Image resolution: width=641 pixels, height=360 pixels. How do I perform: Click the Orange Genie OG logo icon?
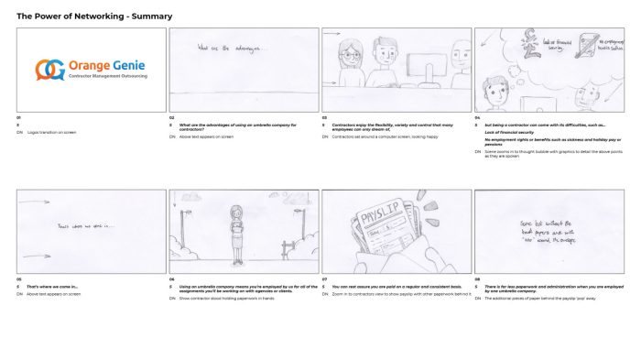(49, 70)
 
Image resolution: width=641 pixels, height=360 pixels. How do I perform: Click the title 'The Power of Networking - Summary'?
(94, 16)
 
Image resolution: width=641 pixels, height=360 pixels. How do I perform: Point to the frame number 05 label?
(19, 278)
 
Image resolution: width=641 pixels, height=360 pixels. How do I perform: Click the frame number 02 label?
(171, 117)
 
